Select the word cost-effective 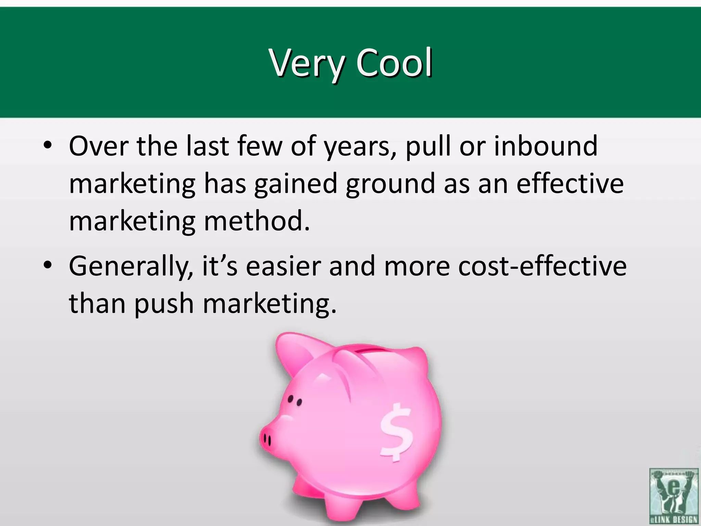point(542,266)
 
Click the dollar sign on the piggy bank point(396,432)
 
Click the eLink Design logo point(673,496)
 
